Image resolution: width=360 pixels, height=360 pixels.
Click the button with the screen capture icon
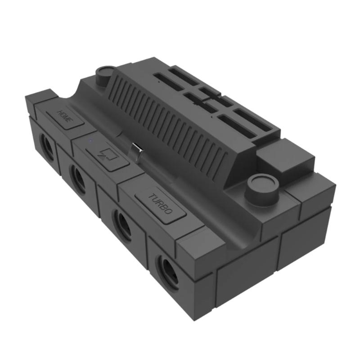coord(107,157)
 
